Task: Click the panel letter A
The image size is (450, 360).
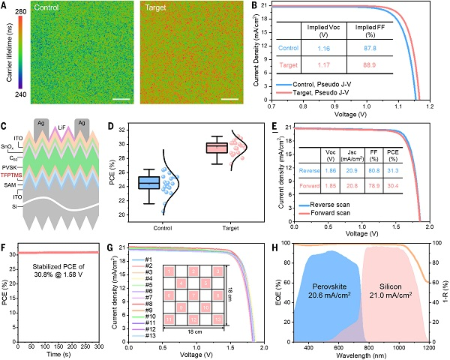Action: pos(5,6)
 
